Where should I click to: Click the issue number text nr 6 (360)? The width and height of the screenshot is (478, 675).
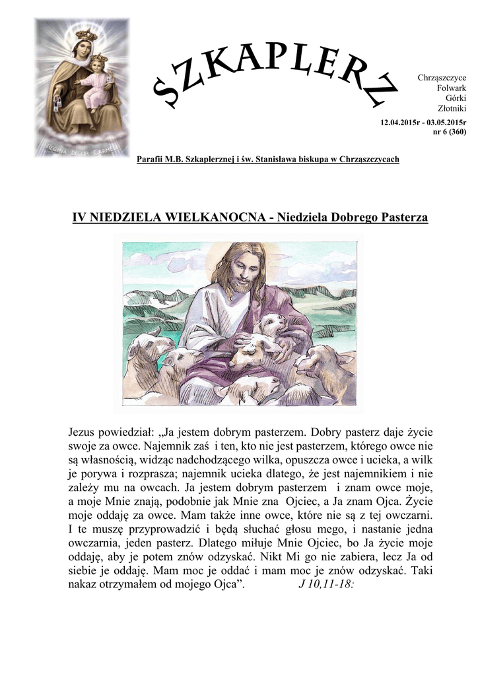pyautogui.click(x=449, y=132)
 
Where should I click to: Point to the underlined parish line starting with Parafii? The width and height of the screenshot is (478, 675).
pyautogui.click(x=267, y=160)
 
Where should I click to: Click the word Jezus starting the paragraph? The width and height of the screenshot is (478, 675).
pyautogui.click(x=85, y=432)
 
